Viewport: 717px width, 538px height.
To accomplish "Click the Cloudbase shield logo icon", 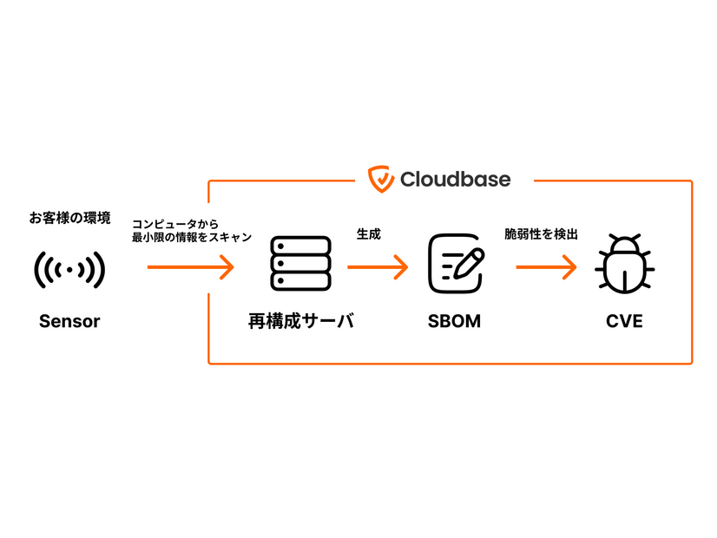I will coord(381,179).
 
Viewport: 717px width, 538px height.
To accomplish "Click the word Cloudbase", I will coord(455,180).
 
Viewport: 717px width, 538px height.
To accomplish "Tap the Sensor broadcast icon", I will coord(69,270).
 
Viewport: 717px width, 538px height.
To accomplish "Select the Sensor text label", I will coord(69,322).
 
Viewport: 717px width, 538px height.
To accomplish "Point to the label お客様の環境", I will coord(69,218).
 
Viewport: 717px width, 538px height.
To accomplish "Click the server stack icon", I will coord(300,264).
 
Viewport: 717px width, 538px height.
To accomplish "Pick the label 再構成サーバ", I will coord(300,322).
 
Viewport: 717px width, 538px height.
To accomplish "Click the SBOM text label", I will coord(454,322).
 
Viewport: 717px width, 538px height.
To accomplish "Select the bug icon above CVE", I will coord(624,265).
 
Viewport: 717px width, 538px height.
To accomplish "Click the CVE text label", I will coord(624,322).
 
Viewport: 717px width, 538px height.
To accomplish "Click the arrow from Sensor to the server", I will coord(191,266).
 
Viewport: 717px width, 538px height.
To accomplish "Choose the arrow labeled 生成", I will coord(378,266).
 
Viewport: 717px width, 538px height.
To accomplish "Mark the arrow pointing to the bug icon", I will coord(547,266).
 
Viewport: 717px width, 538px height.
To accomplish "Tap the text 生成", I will coord(369,234).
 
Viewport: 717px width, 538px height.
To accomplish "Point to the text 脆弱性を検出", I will coord(541,234).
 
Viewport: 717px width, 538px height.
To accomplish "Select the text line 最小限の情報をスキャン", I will coord(191,237).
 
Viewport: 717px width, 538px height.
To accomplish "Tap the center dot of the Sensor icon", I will coord(69,271).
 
